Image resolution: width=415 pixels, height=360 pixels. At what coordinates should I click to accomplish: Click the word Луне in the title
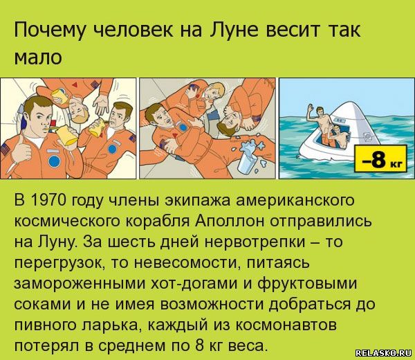pos(234,30)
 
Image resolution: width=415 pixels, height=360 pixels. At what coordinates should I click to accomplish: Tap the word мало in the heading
pos(38,57)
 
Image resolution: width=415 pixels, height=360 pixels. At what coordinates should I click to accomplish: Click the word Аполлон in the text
pos(229,221)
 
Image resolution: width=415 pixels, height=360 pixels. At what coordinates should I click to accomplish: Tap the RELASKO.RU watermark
pos(383,353)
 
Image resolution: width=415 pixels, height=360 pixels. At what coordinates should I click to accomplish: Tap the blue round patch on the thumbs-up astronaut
pos(54,161)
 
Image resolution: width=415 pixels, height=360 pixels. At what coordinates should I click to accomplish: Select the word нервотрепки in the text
pos(260,242)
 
